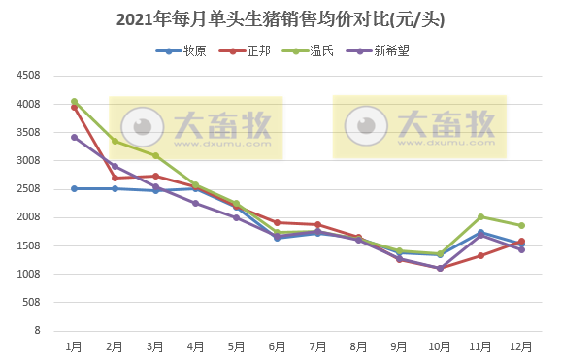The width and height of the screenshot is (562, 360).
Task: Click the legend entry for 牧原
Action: (x=191, y=50)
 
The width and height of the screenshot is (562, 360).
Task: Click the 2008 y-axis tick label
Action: (x=28, y=217)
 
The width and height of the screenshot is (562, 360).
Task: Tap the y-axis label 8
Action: (x=36, y=331)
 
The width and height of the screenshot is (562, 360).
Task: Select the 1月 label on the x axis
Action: (x=74, y=346)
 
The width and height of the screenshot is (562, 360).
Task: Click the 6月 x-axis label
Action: (x=278, y=346)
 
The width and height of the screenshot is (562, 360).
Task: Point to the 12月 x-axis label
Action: (x=521, y=346)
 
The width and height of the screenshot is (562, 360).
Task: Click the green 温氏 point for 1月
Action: (x=74, y=101)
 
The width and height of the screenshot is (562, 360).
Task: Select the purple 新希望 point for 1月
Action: (x=74, y=137)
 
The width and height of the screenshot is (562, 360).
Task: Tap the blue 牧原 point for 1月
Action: (x=74, y=188)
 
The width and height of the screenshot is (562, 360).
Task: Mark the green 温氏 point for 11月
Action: (x=480, y=217)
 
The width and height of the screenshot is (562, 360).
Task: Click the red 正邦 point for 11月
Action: (x=480, y=255)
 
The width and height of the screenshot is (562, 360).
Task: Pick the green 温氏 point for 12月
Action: (x=521, y=225)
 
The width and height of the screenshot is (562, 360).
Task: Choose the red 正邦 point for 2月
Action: (x=115, y=178)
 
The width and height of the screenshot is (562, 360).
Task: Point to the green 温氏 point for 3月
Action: (x=155, y=155)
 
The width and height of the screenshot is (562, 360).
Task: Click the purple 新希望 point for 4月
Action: (x=196, y=203)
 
